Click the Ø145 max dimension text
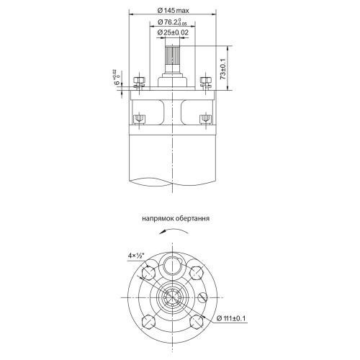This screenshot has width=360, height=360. tap(173, 10)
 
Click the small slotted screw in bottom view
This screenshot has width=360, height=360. tap(205, 296)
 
